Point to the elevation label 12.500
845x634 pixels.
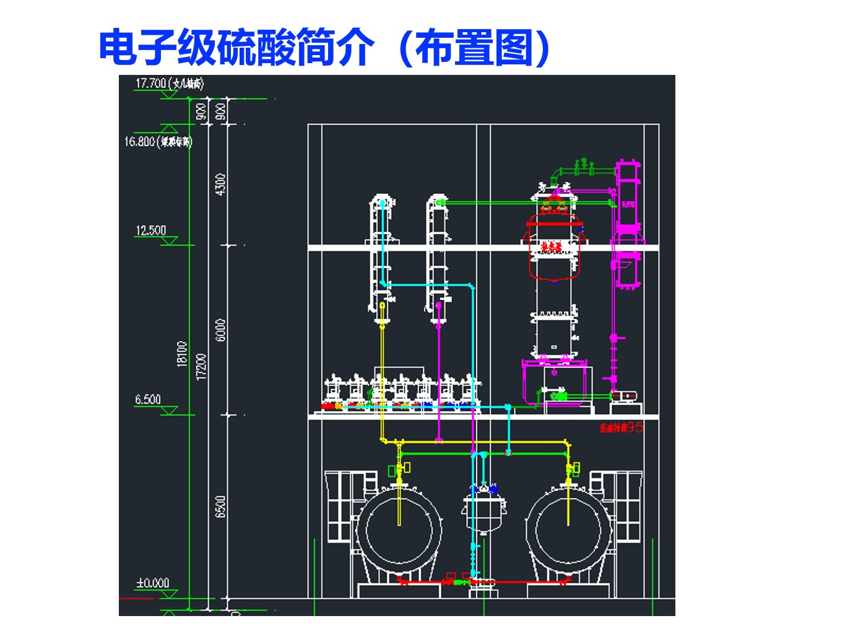(x=151, y=230)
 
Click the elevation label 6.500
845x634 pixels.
(x=148, y=399)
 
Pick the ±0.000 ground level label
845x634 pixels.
(x=152, y=583)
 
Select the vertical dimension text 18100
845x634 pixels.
(x=182, y=354)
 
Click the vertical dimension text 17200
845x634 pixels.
(x=201, y=367)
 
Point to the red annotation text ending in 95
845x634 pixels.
(x=621, y=427)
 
